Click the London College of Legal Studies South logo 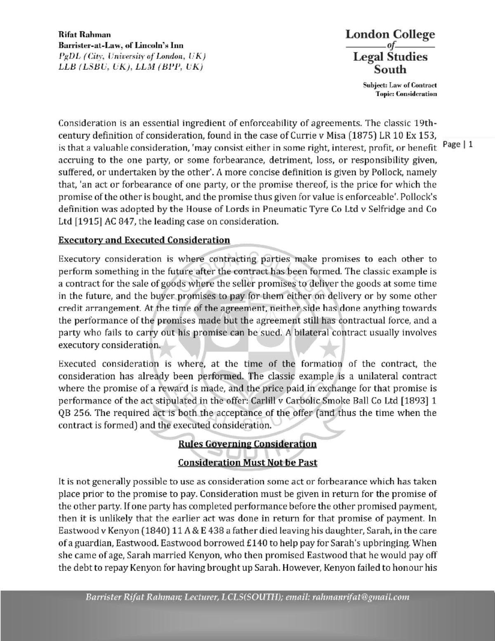pos(390,52)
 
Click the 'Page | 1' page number pos(459,144)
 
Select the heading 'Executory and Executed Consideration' pos(144,240)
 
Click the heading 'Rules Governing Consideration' pos(247,444)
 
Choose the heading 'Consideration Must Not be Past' pos(247,462)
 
